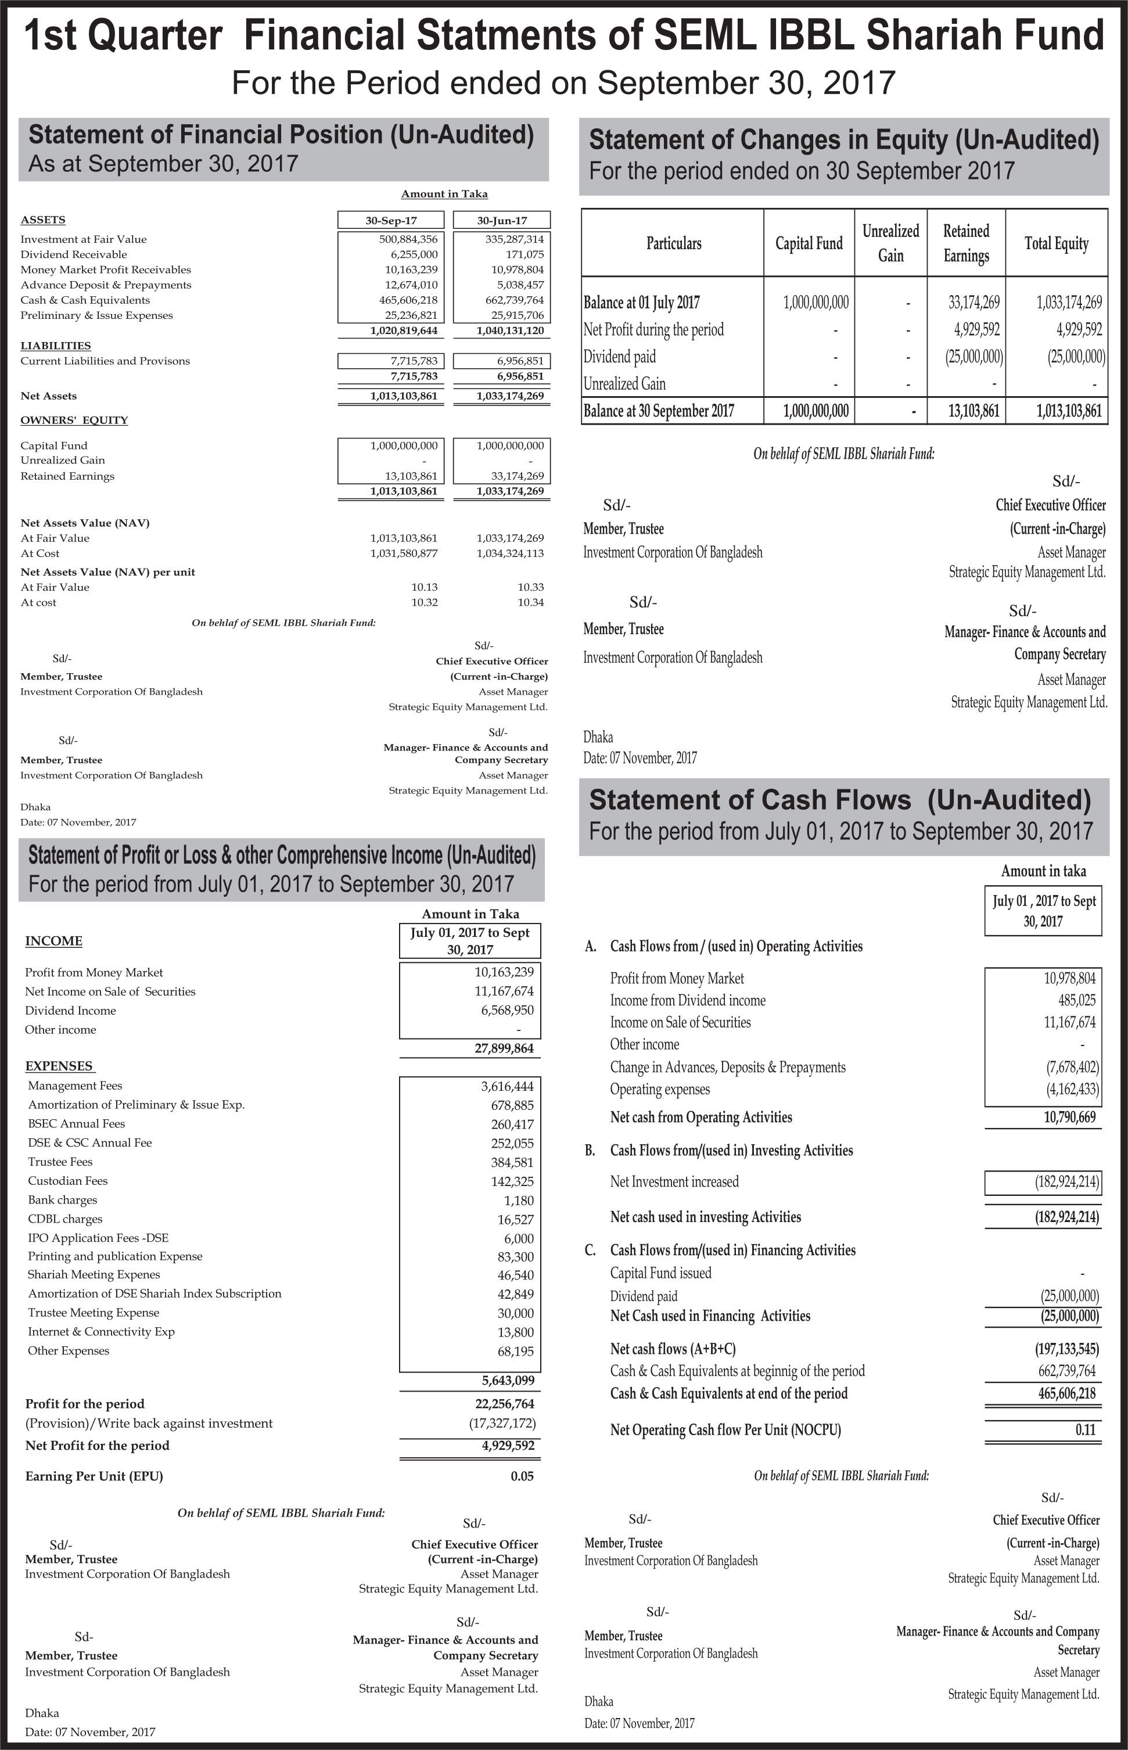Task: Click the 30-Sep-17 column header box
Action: pyautogui.click(x=391, y=220)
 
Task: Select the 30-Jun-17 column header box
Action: pyautogui.click(x=502, y=220)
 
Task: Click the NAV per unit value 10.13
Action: pyautogui.click(x=425, y=587)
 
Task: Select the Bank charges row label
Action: pyautogui.click(x=62, y=1200)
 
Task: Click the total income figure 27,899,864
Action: pyautogui.click(x=504, y=1048)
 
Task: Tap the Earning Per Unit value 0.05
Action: pyautogui.click(x=522, y=1477)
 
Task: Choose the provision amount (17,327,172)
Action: pyautogui.click(x=502, y=1424)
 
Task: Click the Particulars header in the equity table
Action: pyautogui.click(x=673, y=244)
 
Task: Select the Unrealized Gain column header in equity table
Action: pyautogui.click(x=890, y=243)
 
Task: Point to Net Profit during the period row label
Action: pyautogui.click(x=653, y=329)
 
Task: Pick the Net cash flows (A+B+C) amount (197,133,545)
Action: pyautogui.click(x=1066, y=1349)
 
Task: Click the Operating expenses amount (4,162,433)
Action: pyautogui.click(x=1072, y=1090)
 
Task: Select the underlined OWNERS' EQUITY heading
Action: pyautogui.click(x=74, y=421)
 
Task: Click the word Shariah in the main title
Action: pyautogui.click(x=939, y=35)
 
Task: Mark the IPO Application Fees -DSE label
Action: pyautogui.click(x=98, y=1238)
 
